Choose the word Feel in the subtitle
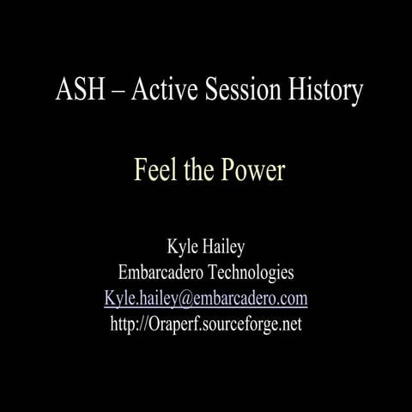click(x=154, y=170)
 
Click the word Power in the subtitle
click(x=255, y=170)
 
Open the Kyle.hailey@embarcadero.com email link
click(x=206, y=299)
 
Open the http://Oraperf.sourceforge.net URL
click(x=206, y=324)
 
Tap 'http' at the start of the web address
click(x=124, y=324)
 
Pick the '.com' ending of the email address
click(x=294, y=299)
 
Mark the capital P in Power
click(x=232, y=170)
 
